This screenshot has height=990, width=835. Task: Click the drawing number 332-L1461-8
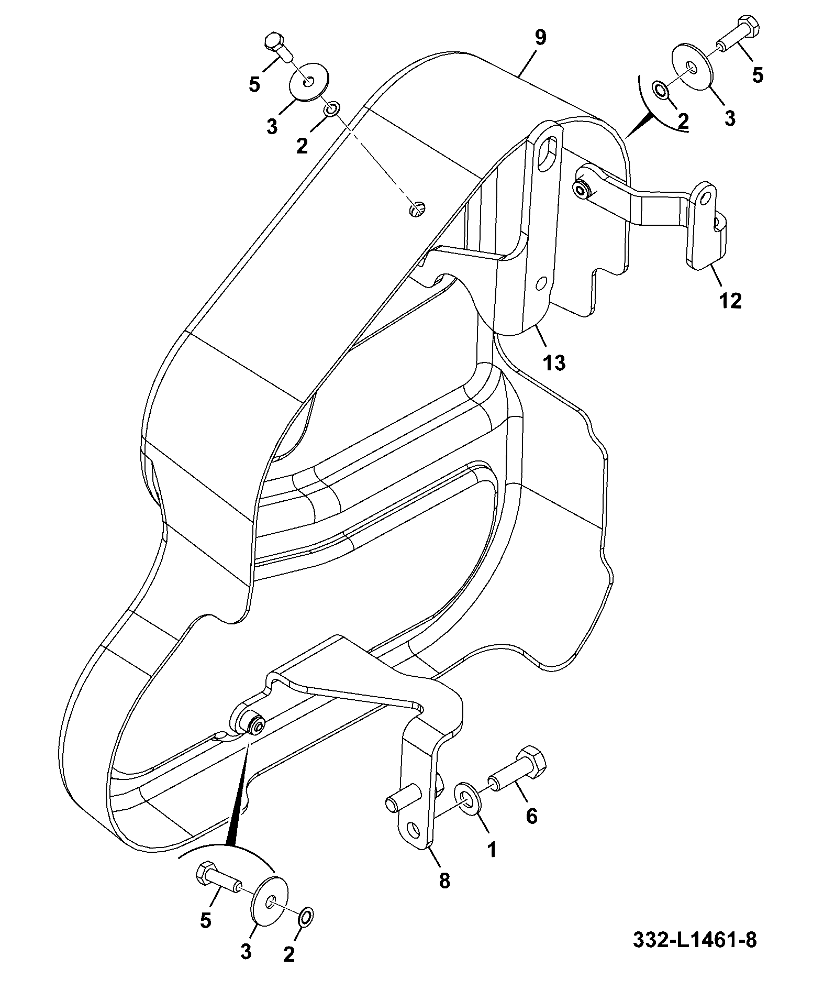(x=695, y=939)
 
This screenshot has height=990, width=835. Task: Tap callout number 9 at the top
(x=540, y=38)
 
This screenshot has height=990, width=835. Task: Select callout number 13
(x=555, y=362)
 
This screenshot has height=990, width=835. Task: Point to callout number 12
(x=730, y=301)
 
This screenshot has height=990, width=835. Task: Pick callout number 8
(x=444, y=881)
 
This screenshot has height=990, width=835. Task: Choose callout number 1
(x=492, y=850)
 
